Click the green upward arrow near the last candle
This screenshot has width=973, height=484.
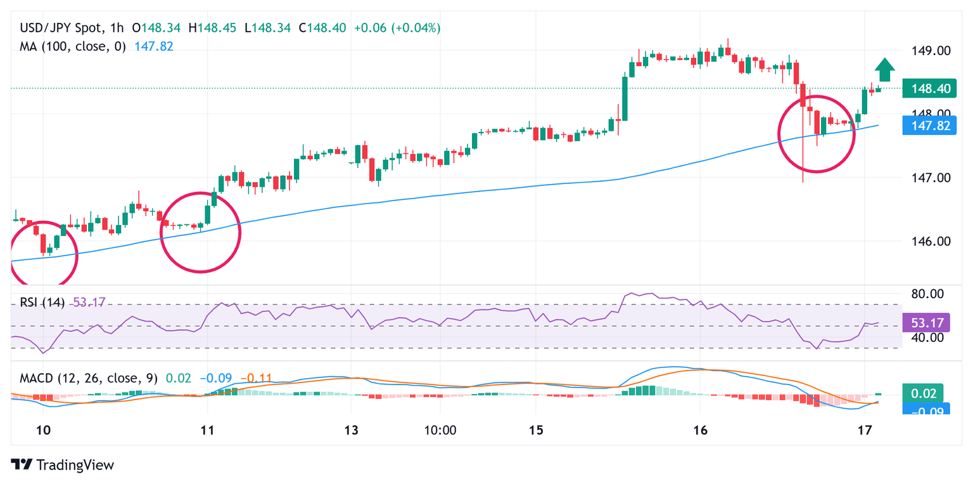[x=885, y=69]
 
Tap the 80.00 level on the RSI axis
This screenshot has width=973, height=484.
[x=927, y=294]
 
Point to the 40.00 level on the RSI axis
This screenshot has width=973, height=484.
[x=927, y=337]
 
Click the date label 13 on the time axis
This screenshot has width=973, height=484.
[x=352, y=429]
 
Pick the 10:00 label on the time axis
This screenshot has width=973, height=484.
[x=440, y=429]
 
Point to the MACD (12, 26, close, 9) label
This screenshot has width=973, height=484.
[x=89, y=379]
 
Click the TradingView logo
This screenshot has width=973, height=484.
[x=63, y=465]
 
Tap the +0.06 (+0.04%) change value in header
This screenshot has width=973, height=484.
[x=397, y=28]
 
